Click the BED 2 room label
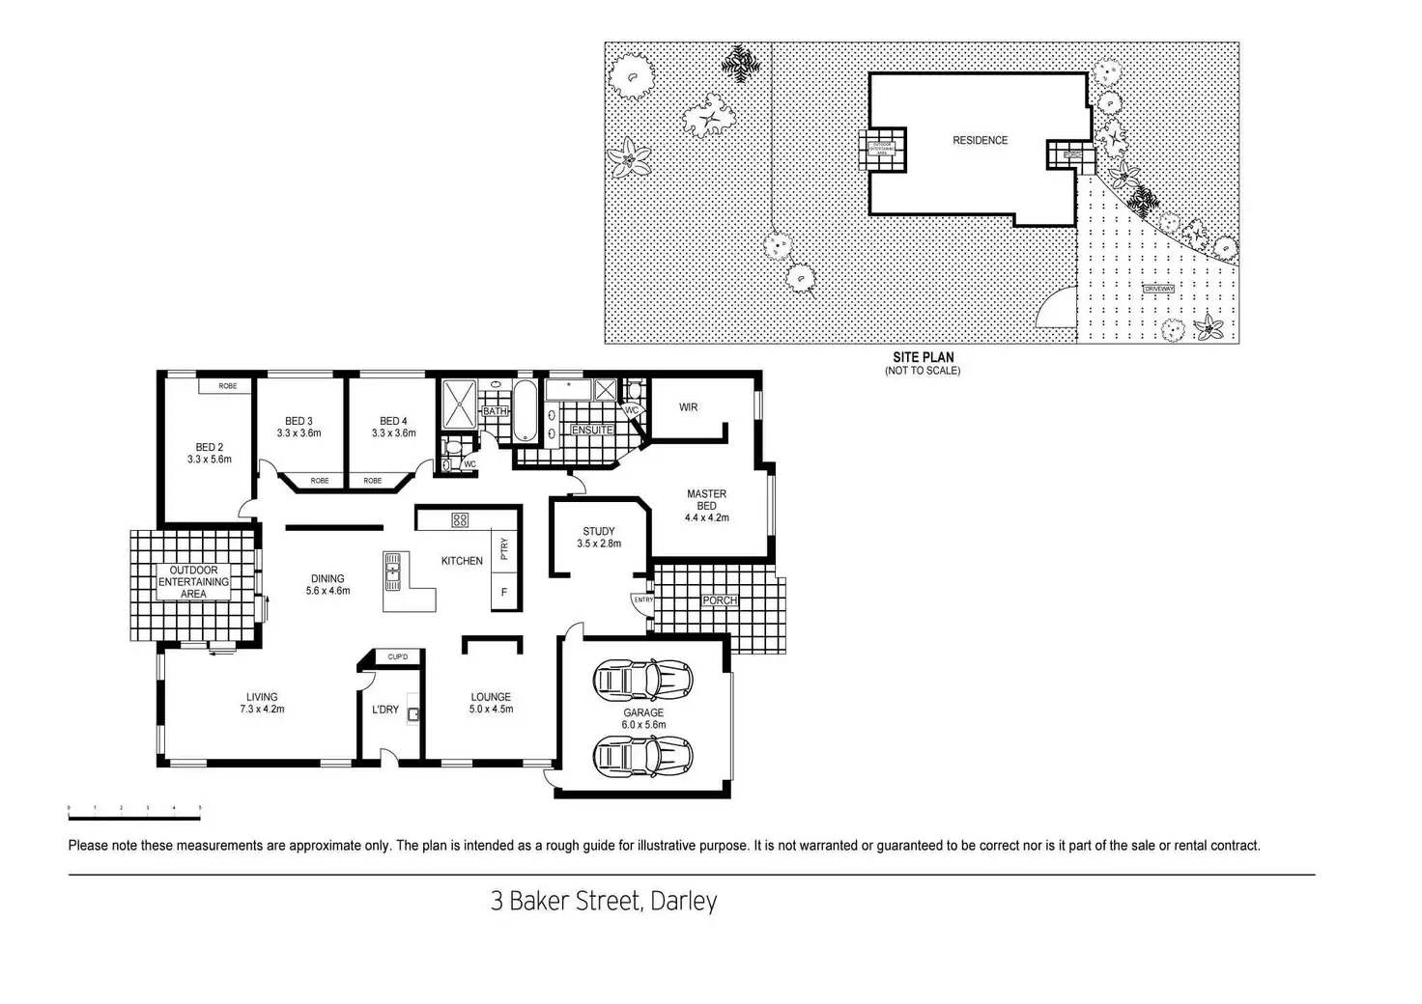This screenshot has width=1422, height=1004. [210, 447]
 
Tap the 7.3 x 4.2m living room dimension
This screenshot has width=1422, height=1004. [262, 710]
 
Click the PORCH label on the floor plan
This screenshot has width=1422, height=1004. [720, 600]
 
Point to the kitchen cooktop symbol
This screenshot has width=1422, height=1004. [460, 520]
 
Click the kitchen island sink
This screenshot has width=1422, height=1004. [392, 571]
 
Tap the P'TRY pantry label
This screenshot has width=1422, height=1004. [504, 549]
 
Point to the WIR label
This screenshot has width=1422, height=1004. [688, 407]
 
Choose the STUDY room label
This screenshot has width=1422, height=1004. [599, 531]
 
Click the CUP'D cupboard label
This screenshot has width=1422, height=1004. [397, 657]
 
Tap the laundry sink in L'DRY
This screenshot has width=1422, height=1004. [413, 714]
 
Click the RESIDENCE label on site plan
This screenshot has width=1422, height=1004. [980, 141]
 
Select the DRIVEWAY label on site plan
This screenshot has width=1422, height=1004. [1158, 290]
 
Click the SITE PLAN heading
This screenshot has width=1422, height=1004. [923, 357]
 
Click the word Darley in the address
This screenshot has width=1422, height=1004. [683, 902]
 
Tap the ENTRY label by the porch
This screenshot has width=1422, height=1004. [643, 600]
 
